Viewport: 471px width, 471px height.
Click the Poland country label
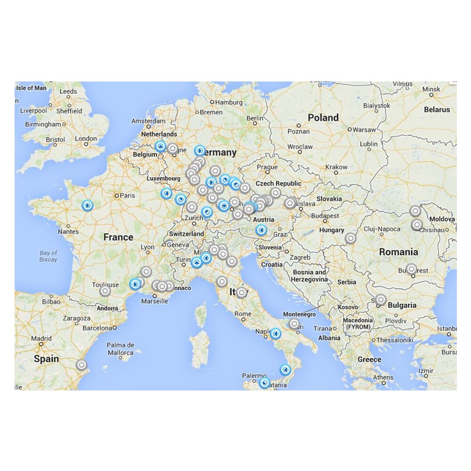(x=323, y=118)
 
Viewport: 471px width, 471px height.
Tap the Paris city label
(x=127, y=195)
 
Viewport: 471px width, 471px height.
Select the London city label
(x=86, y=139)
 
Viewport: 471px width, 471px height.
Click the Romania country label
(x=398, y=252)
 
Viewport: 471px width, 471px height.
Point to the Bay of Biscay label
(x=48, y=256)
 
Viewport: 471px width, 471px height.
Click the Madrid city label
(x=41, y=338)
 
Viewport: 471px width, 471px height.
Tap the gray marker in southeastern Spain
(x=81, y=365)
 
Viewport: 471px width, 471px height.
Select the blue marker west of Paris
(x=87, y=205)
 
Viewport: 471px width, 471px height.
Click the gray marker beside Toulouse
(x=105, y=291)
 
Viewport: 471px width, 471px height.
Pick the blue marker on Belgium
(x=160, y=146)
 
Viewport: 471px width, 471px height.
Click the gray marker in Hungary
(x=350, y=238)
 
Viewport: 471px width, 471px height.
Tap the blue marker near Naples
(x=276, y=333)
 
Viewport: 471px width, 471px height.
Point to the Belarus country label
(x=437, y=110)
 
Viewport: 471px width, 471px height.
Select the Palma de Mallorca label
(x=121, y=349)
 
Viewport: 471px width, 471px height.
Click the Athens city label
(x=383, y=377)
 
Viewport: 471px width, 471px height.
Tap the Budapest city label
(x=325, y=216)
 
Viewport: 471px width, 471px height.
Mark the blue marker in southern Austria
(x=261, y=230)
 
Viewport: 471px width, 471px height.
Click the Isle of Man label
(x=31, y=88)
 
